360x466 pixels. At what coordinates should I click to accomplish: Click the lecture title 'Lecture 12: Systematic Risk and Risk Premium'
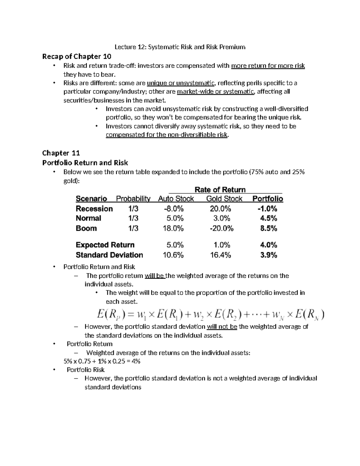tap(180, 47)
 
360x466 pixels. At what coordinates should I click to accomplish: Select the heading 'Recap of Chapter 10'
tap(77, 56)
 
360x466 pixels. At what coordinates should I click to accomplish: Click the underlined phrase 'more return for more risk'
tap(268, 66)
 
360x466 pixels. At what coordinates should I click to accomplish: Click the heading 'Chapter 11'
tap(61, 153)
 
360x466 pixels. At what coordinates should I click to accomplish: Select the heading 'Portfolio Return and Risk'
tap(85, 163)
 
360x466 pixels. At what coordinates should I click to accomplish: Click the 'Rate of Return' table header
tap(220, 190)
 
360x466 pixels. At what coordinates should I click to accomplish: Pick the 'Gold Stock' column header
tap(224, 199)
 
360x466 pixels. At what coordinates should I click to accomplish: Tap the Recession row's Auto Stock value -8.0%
tap(173, 209)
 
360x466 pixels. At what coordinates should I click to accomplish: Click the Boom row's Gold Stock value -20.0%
tap(222, 228)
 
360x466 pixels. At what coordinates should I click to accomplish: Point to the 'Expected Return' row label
tap(105, 245)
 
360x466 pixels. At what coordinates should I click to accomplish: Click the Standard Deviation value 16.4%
tap(222, 255)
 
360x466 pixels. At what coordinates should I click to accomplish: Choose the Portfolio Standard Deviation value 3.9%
tap(268, 255)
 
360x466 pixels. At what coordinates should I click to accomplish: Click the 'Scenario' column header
tap(91, 199)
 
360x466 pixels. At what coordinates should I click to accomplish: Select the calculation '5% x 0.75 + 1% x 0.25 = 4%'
tap(102, 361)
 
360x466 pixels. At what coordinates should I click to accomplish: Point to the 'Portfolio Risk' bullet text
tap(85, 370)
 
